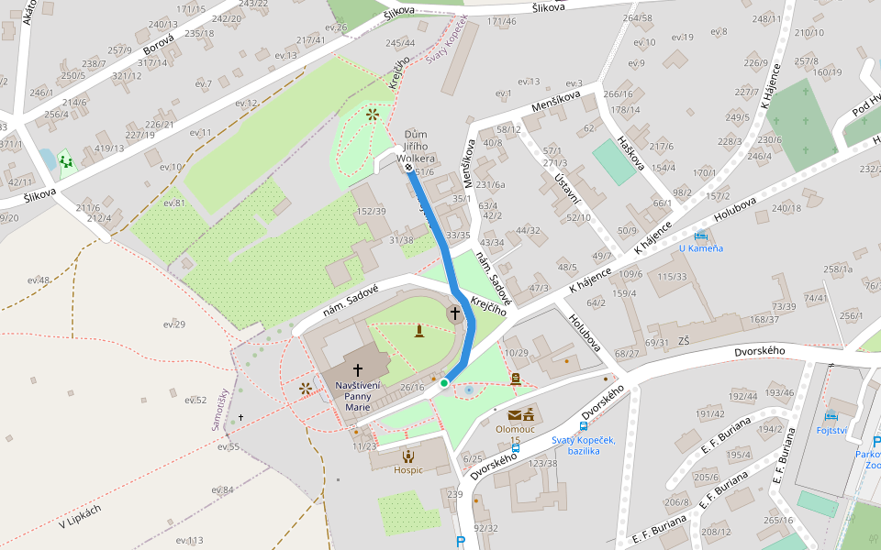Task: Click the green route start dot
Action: [444, 382]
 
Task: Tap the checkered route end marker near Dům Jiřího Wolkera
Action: [408, 168]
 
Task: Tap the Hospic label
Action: [408, 469]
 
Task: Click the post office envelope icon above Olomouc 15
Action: [515, 414]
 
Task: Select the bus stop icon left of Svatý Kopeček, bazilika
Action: [583, 426]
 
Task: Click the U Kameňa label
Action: [701, 248]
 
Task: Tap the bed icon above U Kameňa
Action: [701, 236]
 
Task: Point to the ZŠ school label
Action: [683, 341]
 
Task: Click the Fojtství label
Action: [831, 430]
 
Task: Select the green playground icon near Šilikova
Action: [65, 162]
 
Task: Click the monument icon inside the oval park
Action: [418, 330]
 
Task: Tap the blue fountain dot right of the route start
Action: [469, 390]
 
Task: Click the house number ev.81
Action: [174, 203]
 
